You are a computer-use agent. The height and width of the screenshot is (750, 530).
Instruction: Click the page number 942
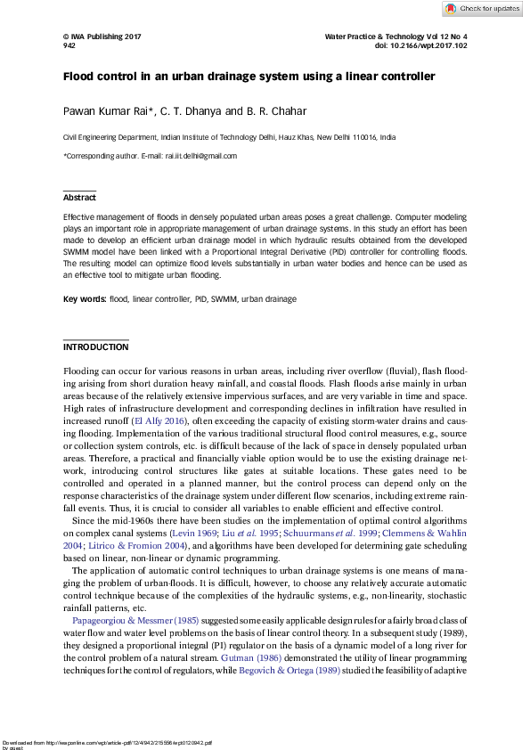click(69, 45)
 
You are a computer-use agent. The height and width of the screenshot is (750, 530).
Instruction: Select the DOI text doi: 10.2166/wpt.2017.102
click(421, 45)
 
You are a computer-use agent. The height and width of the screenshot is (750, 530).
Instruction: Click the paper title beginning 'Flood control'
click(249, 77)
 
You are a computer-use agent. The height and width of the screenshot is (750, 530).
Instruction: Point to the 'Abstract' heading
click(79, 198)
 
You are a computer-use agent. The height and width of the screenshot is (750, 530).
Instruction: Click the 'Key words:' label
click(84, 299)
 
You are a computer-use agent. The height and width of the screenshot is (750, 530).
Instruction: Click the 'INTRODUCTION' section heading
click(95, 346)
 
